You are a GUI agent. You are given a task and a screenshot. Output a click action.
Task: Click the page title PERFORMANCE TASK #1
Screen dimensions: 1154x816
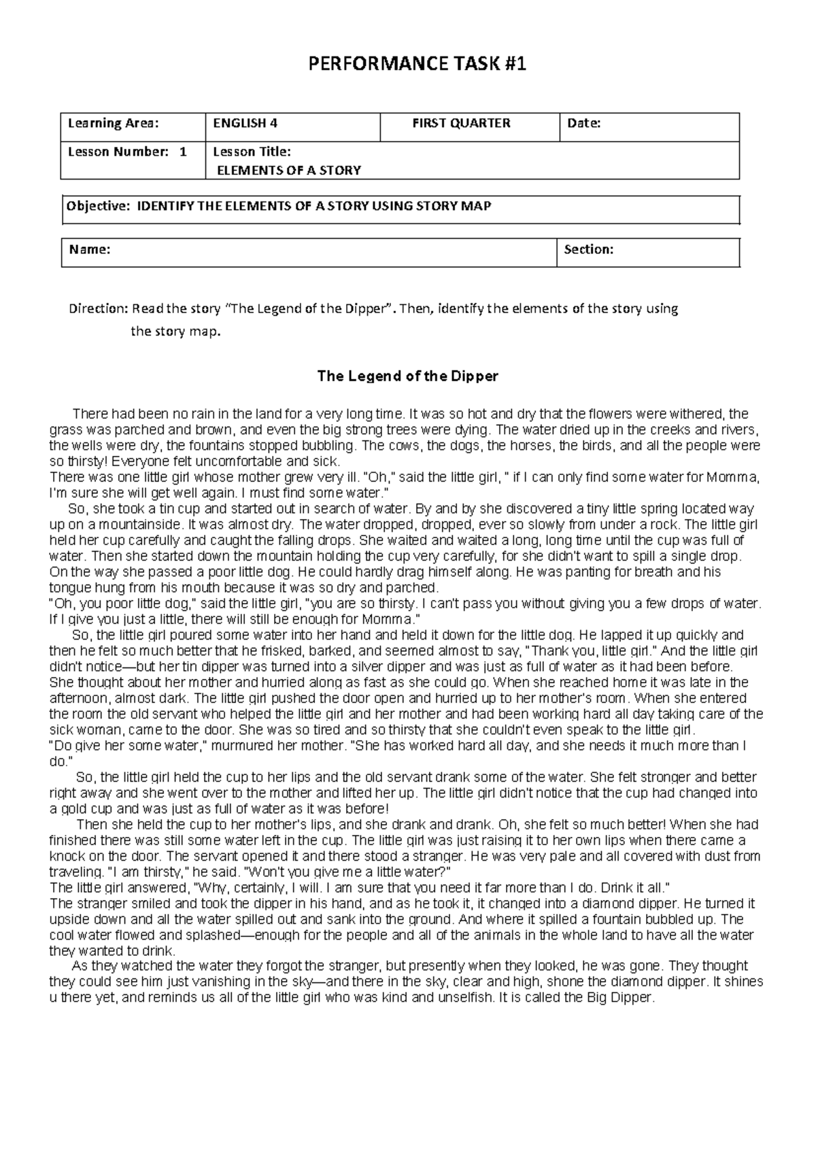(x=418, y=65)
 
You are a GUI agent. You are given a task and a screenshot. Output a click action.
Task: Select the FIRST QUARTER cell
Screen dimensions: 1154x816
(x=461, y=123)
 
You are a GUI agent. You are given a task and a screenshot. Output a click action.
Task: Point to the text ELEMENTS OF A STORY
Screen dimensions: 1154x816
(x=288, y=170)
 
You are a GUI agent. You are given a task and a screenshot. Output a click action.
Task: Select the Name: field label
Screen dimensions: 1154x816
(x=89, y=250)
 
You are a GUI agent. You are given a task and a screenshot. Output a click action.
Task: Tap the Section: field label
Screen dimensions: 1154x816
(x=589, y=250)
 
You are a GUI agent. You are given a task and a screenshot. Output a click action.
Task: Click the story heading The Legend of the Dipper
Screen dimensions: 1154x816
(x=408, y=376)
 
